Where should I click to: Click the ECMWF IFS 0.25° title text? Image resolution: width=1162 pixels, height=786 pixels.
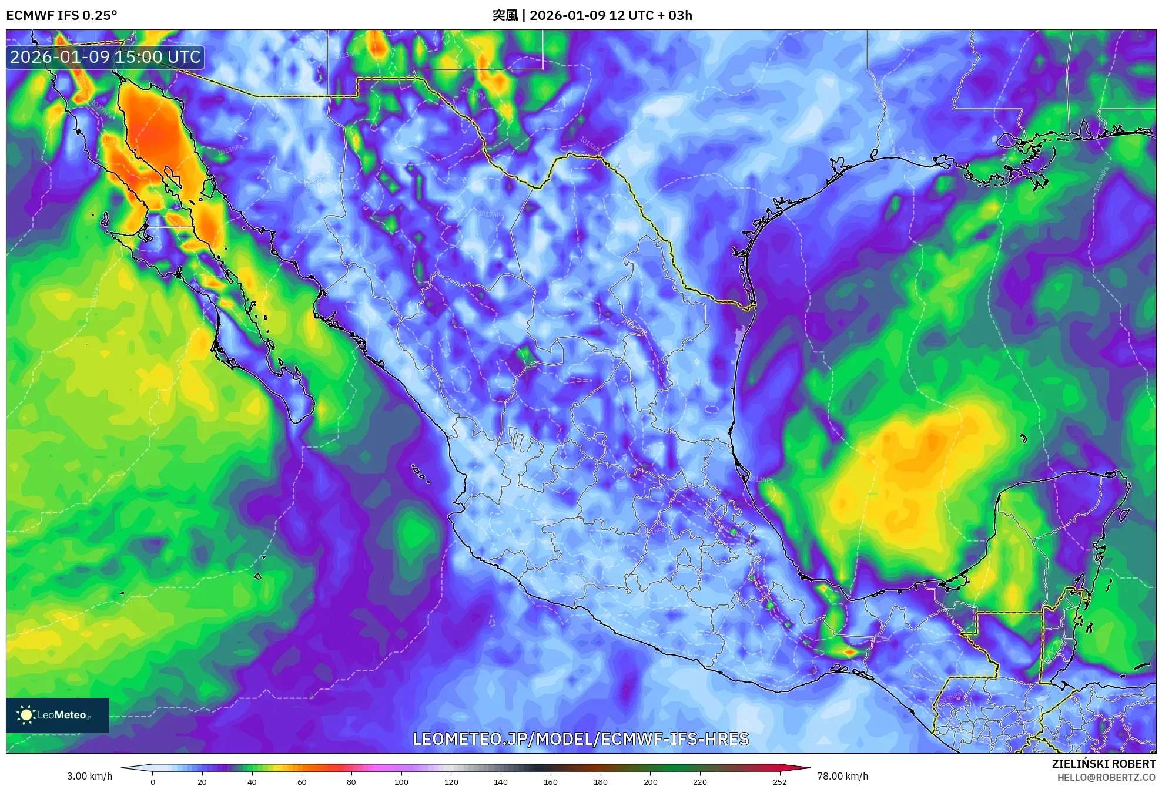[x=62, y=15]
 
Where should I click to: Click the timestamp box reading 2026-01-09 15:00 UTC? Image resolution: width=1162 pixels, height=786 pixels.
[x=105, y=57]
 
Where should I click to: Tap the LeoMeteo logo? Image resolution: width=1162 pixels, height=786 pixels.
[x=57, y=715]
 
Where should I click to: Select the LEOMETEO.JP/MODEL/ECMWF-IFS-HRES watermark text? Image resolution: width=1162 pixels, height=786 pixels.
[x=581, y=739]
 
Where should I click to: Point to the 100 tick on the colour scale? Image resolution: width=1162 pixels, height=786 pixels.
[x=401, y=781]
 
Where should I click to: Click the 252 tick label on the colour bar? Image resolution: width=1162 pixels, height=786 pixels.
[x=779, y=781]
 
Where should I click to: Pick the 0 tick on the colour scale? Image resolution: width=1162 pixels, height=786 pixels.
[x=153, y=781]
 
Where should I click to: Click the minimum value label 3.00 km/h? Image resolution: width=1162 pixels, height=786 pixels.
[x=89, y=776]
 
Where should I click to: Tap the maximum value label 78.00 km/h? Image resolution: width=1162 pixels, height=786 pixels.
[x=842, y=776]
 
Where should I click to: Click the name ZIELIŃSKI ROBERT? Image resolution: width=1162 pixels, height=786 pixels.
[x=1103, y=764]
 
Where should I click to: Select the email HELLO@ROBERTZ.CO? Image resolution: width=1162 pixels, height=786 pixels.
[x=1106, y=777]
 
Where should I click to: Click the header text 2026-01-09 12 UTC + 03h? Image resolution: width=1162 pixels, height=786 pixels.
[x=611, y=15]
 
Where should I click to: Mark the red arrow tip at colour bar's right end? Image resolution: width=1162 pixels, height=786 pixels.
[x=809, y=767]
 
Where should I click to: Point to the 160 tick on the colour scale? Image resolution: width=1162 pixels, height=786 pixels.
[x=550, y=781]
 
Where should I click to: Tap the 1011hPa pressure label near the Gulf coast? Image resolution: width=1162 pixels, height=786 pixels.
[x=762, y=479]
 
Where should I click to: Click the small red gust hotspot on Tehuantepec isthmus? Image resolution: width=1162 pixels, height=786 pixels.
[x=849, y=651]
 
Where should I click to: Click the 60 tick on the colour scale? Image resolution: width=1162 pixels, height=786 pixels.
[x=302, y=781]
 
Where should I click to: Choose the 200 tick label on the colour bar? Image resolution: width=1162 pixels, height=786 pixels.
[x=650, y=781]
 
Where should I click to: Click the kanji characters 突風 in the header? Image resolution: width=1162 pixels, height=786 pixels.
[x=505, y=15]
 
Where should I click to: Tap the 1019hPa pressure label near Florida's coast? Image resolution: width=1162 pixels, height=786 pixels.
[x=1101, y=179]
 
